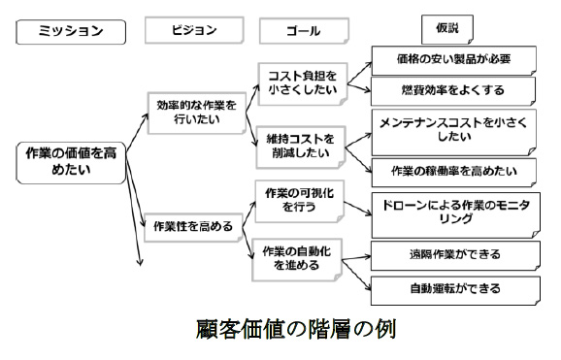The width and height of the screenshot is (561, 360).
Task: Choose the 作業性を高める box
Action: click(193, 226)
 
